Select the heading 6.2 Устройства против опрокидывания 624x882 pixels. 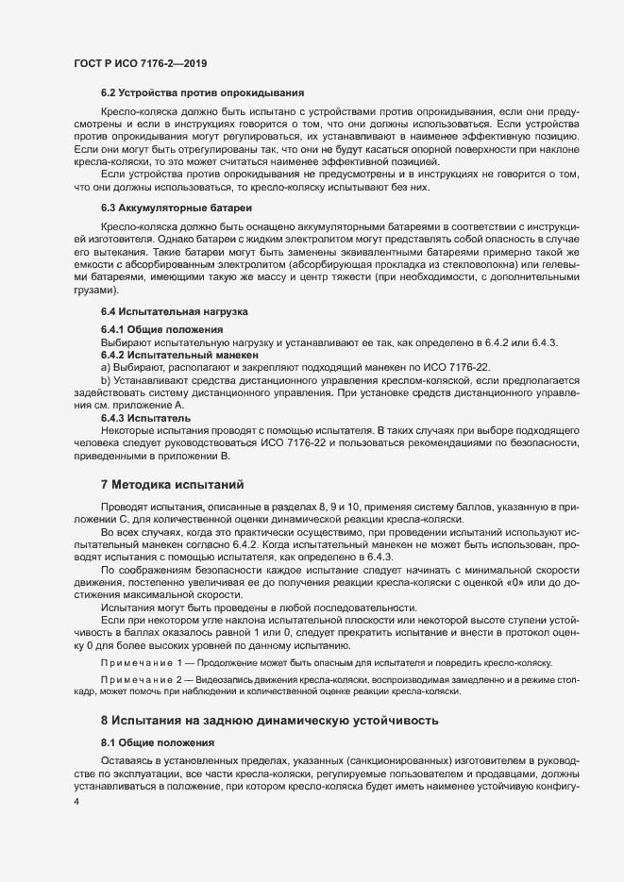point(202,92)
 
